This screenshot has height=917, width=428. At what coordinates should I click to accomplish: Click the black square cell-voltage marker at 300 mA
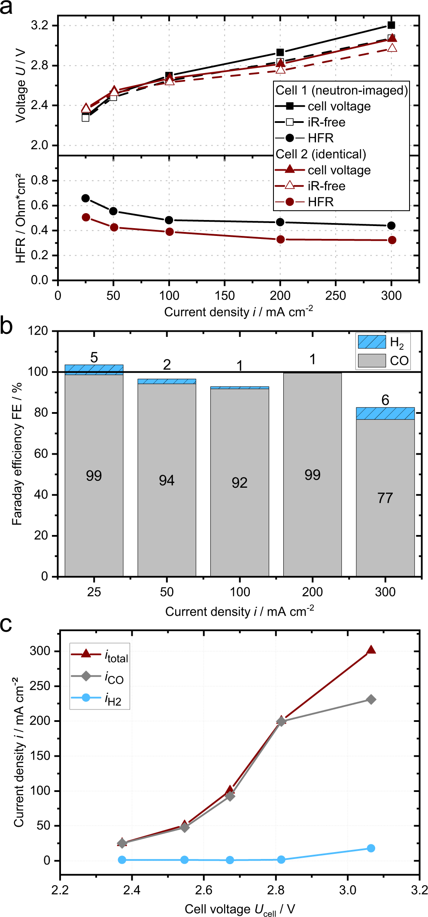coord(391,25)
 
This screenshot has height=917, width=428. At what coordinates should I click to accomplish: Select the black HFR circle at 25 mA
coord(86,198)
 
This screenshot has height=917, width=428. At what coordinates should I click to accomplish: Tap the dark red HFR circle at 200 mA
coord(280,239)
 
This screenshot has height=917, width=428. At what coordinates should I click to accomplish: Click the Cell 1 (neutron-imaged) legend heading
coord(341,90)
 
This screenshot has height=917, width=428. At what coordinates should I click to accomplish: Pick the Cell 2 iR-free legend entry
coord(326,186)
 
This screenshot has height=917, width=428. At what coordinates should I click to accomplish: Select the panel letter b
coord(6,325)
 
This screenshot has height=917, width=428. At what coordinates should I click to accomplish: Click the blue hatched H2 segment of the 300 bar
coord(385,413)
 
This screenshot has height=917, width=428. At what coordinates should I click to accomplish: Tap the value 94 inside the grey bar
coord(167,480)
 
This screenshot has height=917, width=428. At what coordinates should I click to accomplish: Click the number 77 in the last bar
coord(385,498)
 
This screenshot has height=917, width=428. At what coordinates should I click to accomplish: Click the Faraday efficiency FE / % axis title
coord(17,453)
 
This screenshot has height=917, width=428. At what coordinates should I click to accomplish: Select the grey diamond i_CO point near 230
coord(371,699)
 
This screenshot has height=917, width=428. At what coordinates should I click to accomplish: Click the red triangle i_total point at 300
coord(371,650)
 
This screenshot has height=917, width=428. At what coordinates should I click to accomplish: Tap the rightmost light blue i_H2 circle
coord(371,848)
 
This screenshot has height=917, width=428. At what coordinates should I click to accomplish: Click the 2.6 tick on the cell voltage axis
coord(203,889)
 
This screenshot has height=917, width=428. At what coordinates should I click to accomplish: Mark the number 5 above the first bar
coord(94,357)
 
